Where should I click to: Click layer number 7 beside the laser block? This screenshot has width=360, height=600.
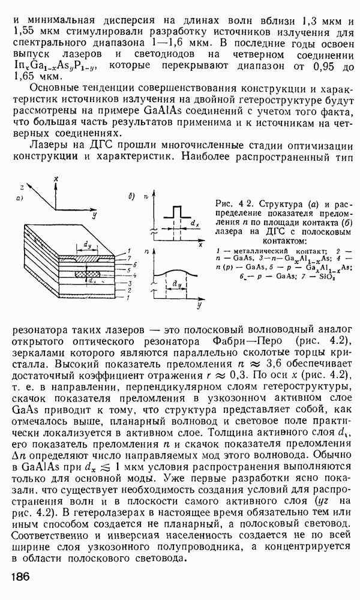tap(121, 257)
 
